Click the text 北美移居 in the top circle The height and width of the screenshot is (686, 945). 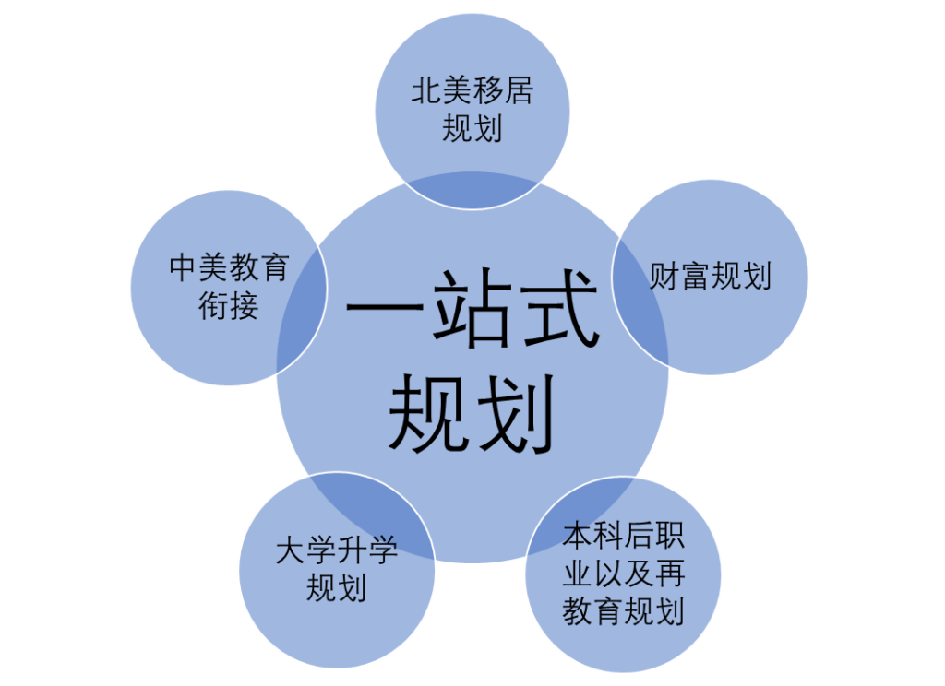pos(472,91)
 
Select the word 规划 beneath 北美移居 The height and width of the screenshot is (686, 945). pos(472,129)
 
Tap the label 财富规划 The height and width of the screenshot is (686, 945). pos(710,277)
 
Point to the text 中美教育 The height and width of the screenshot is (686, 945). pos(229,268)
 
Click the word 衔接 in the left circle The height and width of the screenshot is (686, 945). pos(229,306)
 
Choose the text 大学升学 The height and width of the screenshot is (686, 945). pos(336,550)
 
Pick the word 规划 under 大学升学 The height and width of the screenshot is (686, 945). pos(336,588)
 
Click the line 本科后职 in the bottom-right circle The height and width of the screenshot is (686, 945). pos(623,535)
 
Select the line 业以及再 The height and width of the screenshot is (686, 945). pos(623,573)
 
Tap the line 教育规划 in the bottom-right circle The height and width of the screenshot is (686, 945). pos(623,610)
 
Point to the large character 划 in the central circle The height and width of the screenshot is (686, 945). pos(516,413)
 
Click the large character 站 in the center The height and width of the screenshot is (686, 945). pos(472,307)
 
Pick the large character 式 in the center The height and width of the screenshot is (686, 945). pos(559,307)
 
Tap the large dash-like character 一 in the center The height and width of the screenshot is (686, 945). pos(385,307)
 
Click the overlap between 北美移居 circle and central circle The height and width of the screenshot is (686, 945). pos(472,190)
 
